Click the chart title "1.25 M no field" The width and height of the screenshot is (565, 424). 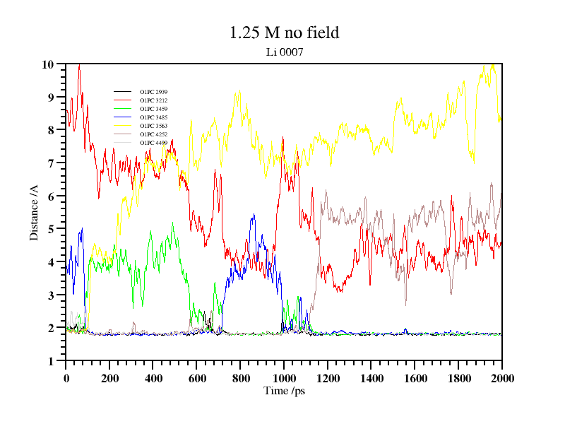[x=284, y=33]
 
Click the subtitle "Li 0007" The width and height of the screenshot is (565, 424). [x=284, y=52]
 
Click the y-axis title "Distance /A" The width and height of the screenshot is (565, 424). [x=34, y=213]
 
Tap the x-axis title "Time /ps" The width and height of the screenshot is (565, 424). [x=283, y=391]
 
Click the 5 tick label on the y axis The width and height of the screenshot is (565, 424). [x=51, y=229]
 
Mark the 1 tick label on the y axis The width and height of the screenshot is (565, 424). [x=51, y=361]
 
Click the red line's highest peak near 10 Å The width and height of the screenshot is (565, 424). [x=79, y=65]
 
